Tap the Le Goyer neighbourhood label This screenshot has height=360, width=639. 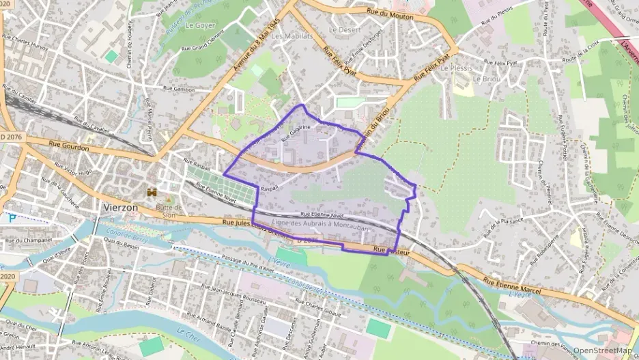pyautogui.click(x=200, y=25)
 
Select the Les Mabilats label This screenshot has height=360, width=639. pyautogui.click(x=292, y=36)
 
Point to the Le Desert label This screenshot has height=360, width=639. pyautogui.click(x=343, y=30)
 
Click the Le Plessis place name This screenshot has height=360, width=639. pyautogui.click(x=456, y=68)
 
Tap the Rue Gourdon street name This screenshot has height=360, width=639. pyautogui.click(x=70, y=145)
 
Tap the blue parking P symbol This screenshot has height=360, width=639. pyautogui.click(x=12, y=219)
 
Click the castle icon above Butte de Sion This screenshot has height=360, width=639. pyautogui.click(x=151, y=195)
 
